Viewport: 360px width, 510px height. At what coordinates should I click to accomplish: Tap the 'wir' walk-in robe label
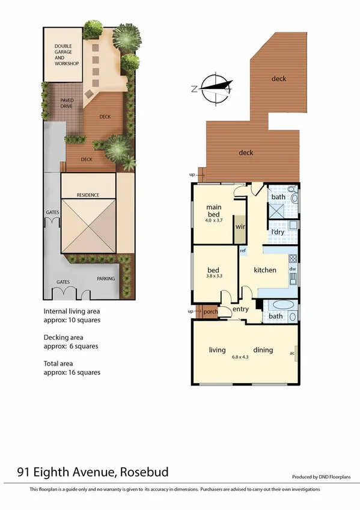[x=240, y=227]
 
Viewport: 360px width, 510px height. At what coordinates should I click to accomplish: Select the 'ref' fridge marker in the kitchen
[x=243, y=250]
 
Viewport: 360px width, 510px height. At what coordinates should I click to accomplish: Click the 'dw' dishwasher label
[x=293, y=269]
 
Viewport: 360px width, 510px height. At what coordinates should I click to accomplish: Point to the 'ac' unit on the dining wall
[x=292, y=353]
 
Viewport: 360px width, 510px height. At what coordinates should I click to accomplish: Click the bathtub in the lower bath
[x=280, y=304]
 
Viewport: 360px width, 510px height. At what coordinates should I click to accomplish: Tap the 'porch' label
[x=210, y=312]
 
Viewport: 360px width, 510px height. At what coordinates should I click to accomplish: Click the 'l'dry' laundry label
[x=277, y=232]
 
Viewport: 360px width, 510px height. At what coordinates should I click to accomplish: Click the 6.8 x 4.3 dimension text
[x=242, y=357]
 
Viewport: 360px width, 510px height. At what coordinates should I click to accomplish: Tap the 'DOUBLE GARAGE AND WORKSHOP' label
[x=67, y=55]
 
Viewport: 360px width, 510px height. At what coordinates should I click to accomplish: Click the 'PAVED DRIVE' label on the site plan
[x=66, y=103]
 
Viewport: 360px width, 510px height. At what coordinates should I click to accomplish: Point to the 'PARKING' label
[x=106, y=278]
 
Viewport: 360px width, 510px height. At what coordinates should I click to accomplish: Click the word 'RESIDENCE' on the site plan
[x=88, y=195]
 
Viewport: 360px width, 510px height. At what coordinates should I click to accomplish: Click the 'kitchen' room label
[x=264, y=270]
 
